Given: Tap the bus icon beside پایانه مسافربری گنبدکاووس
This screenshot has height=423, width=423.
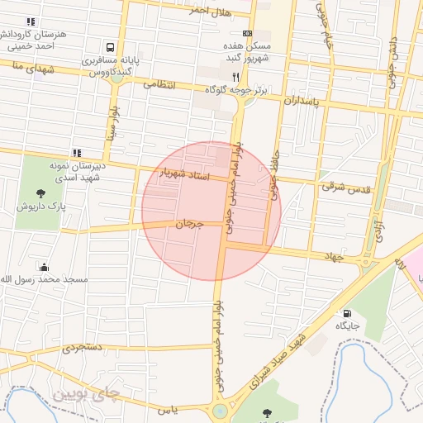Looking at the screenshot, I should click(111, 47).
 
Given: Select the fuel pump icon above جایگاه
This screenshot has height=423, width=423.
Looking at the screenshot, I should click(345, 313).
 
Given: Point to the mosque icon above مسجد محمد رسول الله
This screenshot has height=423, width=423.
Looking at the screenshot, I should click(44, 267).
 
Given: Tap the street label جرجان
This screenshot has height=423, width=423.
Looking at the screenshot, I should click(188, 224).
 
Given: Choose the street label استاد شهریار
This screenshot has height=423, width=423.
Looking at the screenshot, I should click(187, 175).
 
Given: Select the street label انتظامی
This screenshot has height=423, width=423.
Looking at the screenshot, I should click(160, 83).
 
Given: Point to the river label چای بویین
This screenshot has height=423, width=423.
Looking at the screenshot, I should click(86, 394).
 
